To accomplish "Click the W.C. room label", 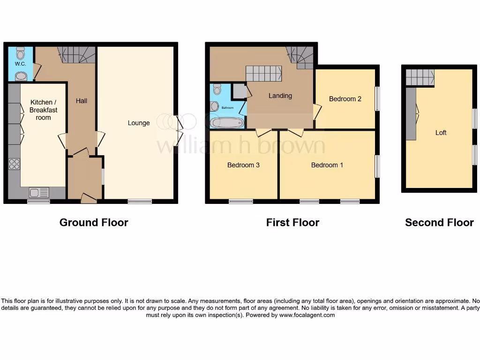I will coord(20,64).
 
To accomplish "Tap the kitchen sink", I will coord(39,192).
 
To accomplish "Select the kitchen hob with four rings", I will coord(14,164).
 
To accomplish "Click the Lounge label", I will coord(139,123).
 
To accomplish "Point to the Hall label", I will coord(82,100).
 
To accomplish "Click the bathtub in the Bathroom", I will coord(227,123).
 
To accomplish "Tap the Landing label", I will coord(280,96).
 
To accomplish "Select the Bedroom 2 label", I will coord(345,99).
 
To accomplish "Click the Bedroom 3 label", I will coord(243,165).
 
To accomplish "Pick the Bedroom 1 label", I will coord(327,165).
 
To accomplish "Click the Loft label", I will coord(441,133).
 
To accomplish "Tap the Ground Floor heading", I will coord(94,223).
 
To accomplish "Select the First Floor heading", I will coord(292,223).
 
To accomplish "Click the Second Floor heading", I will coord(439,223).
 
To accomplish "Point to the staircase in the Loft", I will coord(420,77).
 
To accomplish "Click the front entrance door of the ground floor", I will coord(89,199).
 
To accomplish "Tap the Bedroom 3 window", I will coord(241,202).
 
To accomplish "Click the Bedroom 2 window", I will coord(377,99).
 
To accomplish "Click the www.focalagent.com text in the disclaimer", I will coord(307,315).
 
